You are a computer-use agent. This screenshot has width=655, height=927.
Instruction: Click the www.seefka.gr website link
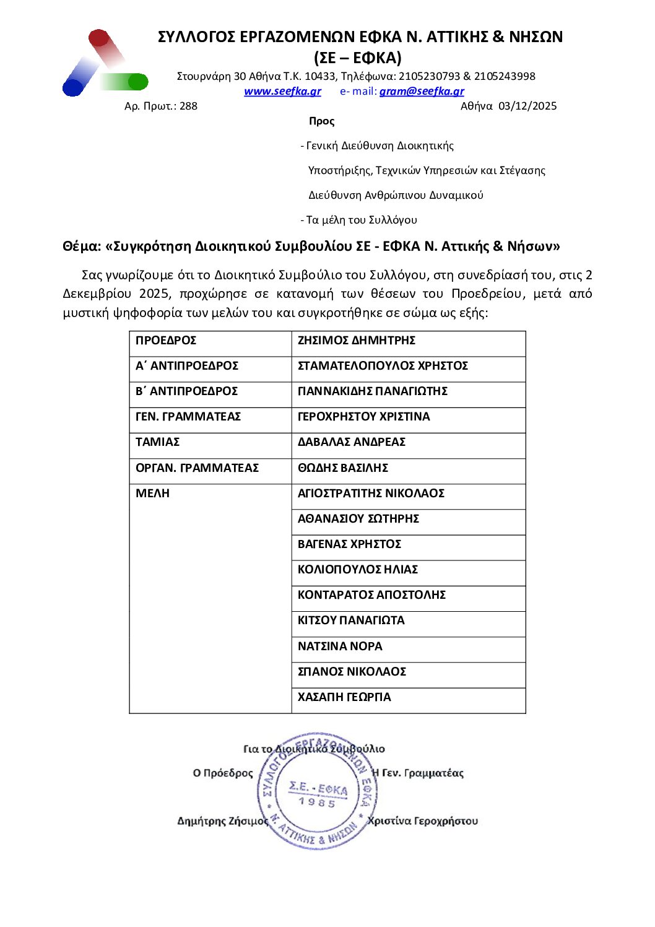pos(282,92)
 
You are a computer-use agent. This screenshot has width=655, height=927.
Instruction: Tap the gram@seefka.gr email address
pos(422,92)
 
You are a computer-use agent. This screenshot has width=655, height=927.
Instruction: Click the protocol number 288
pos(188,106)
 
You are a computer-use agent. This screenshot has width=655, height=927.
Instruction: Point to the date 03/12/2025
pos(527,106)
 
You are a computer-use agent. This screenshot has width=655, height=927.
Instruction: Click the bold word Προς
pos(321,121)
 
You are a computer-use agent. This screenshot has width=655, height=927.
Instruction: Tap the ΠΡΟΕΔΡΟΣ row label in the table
pos(166,341)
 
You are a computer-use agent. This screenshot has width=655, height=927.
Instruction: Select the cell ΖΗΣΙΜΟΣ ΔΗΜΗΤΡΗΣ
pos(356,341)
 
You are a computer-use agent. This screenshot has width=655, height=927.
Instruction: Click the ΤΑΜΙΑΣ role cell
pos(157,442)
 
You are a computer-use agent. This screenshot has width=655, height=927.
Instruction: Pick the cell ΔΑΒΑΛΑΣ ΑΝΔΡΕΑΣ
pos(351,442)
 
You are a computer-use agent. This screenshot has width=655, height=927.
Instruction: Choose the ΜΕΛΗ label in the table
pos(152,494)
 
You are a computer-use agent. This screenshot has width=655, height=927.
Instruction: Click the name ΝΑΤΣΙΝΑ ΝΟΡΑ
pos(340,646)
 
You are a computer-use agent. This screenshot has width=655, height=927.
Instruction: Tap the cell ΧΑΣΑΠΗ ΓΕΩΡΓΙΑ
pos(344,697)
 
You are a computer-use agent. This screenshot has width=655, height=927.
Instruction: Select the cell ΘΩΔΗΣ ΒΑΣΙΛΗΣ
pos(342,468)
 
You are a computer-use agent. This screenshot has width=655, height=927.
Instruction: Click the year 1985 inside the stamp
pos(316,803)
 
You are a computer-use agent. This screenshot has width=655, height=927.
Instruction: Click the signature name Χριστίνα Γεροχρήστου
pos(423,821)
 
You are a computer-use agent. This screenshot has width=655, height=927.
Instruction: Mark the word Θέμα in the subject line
pos(81,246)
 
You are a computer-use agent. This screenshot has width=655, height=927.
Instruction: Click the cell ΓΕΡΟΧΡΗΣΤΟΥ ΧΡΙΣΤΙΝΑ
pos(363,417)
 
